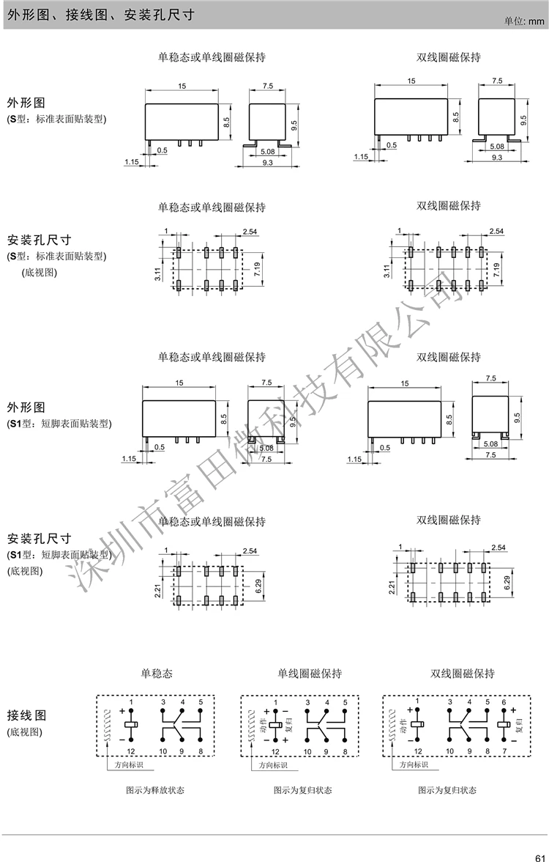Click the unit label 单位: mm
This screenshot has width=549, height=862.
pyautogui.click(x=525, y=21)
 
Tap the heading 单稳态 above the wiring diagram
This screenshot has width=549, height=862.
pyautogui.click(x=155, y=673)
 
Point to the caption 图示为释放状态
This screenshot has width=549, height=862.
pyautogui.click(x=155, y=790)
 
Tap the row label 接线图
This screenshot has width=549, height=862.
pyautogui.click(x=26, y=715)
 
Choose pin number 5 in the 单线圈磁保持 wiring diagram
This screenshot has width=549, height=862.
pyautogui.click(x=344, y=702)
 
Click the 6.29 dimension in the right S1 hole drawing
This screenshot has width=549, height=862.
pyautogui.click(x=507, y=584)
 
